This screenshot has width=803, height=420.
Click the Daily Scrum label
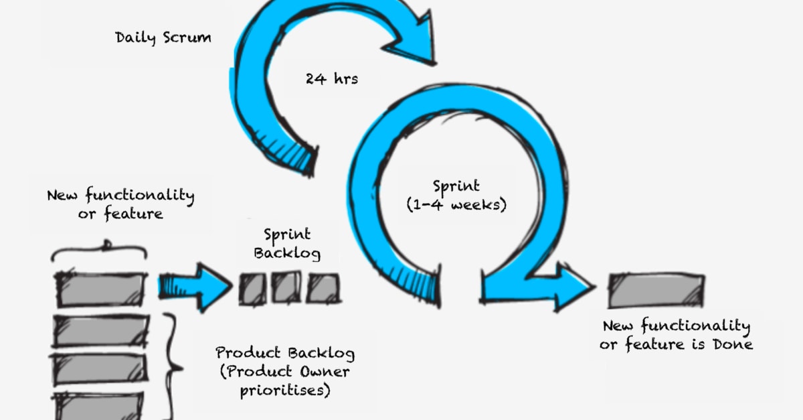[x=163, y=38]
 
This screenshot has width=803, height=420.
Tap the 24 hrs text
[x=332, y=78]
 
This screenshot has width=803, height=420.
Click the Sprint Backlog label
[x=287, y=244]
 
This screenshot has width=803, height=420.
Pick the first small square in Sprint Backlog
[x=252, y=289]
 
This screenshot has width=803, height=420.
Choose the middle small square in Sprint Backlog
[x=286, y=288]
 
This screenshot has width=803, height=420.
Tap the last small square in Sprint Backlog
[x=323, y=289]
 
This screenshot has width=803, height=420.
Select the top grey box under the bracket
[x=101, y=289]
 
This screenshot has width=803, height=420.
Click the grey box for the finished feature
[x=655, y=290]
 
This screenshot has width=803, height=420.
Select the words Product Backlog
[x=285, y=353]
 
